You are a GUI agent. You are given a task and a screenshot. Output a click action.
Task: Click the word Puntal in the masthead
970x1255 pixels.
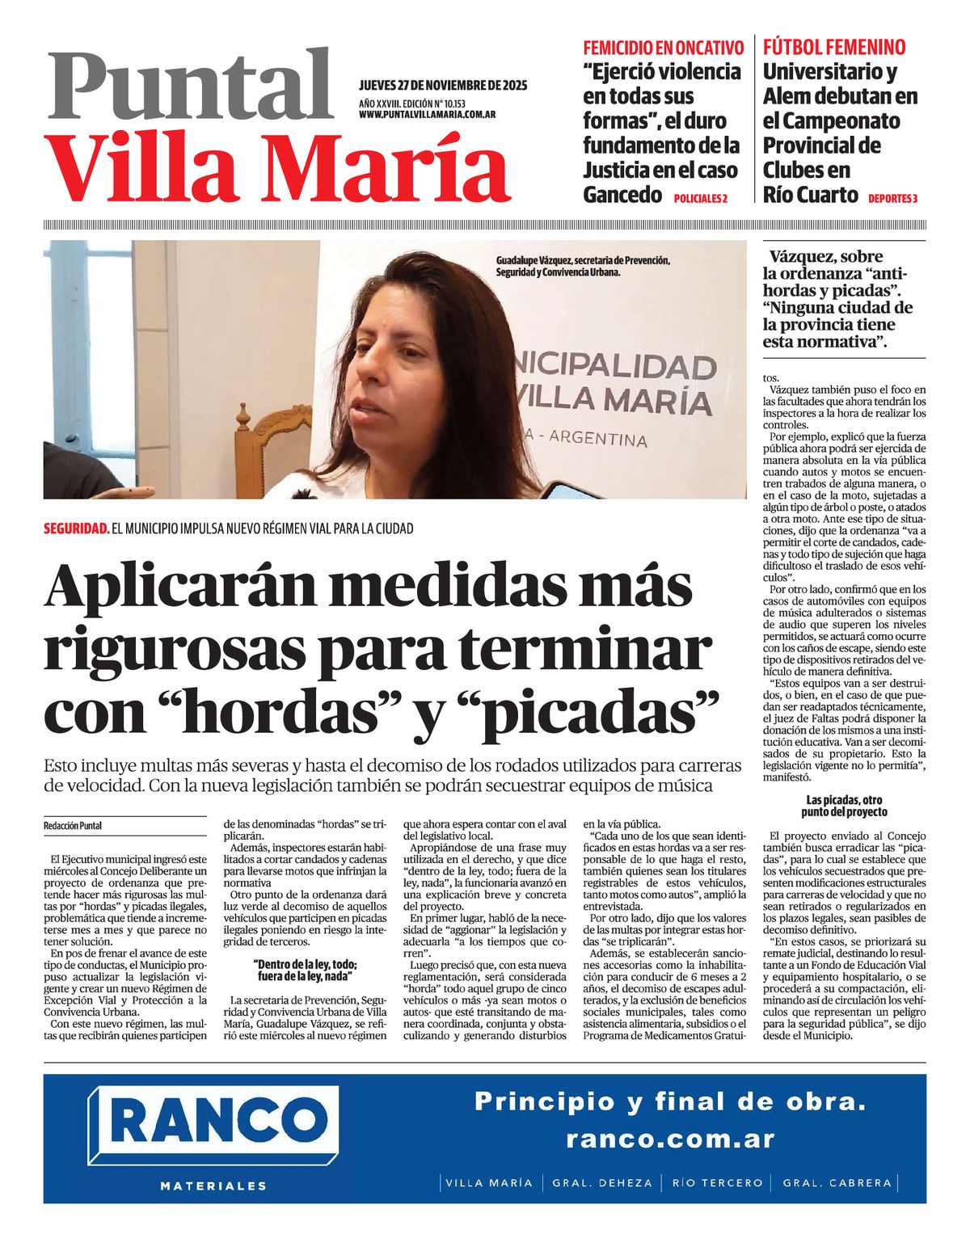(x=190, y=85)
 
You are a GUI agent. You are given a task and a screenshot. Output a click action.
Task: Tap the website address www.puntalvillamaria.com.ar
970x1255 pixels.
(x=427, y=116)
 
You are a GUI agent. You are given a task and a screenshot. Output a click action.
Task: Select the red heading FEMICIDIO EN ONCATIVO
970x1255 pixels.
(x=663, y=47)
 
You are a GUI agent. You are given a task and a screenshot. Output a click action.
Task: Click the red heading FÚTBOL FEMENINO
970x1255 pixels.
(x=833, y=47)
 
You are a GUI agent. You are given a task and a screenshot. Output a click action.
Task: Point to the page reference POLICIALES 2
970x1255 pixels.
(x=700, y=199)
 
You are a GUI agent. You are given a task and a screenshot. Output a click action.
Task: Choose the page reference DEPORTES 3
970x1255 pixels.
(x=893, y=199)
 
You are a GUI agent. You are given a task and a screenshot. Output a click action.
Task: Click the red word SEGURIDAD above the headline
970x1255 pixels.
(x=76, y=529)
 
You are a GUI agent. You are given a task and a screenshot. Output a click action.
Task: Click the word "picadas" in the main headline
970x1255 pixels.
(x=588, y=714)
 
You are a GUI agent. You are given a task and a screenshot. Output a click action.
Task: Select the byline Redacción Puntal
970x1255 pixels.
(x=73, y=826)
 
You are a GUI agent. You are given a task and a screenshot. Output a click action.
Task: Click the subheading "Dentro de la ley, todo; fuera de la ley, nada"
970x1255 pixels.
(x=305, y=970)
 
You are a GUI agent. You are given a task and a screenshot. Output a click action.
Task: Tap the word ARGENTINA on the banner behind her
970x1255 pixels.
(x=598, y=439)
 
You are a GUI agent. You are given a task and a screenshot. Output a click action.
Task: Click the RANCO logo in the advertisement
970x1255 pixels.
(x=213, y=1122)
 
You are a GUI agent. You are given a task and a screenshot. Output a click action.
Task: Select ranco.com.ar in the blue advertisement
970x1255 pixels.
(x=670, y=1139)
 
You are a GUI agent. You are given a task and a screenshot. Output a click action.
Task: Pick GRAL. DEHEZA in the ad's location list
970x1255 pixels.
(x=602, y=1183)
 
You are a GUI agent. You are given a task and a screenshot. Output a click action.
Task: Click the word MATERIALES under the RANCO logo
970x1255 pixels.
(x=213, y=1186)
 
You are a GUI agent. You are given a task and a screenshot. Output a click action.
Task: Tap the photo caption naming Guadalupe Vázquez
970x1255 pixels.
(x=583, y=267)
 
